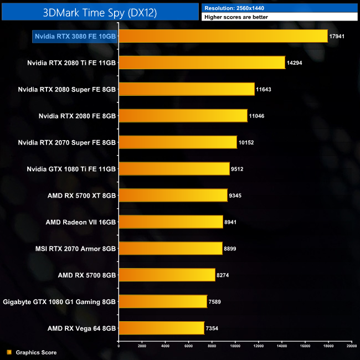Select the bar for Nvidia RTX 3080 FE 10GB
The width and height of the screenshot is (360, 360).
coord(223,36)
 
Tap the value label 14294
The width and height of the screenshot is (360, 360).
coord(295,63)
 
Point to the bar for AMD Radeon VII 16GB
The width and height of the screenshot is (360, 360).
coord(171,222)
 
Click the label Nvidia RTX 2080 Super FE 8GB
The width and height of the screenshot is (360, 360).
coord(66,89)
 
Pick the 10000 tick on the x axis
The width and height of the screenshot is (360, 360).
coord(235,346)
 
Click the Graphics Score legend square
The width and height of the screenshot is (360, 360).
coord(9,352)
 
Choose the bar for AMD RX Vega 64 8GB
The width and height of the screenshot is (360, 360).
coord(161,328)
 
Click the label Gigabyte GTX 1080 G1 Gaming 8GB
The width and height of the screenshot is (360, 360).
coord(59,302)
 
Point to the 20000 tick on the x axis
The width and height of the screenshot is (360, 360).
coord(351,346)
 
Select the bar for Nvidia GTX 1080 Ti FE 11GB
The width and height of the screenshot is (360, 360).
coord(174,169)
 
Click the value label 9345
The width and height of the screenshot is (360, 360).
coord(237,196)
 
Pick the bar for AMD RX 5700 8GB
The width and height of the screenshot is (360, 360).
coord(167,275)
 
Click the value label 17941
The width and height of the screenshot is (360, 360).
coord(337,36)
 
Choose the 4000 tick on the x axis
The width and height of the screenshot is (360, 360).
coord(165,346)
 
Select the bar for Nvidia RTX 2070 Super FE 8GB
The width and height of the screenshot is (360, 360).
coord(178,142)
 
